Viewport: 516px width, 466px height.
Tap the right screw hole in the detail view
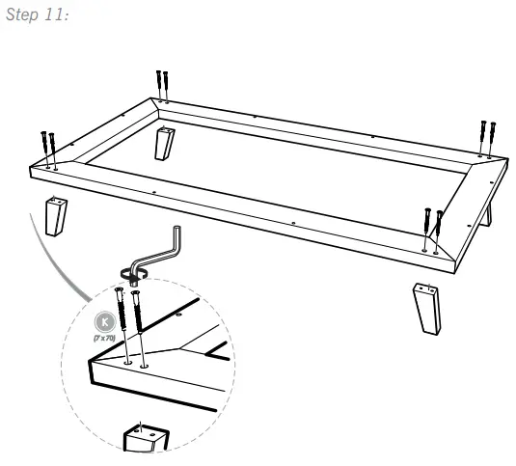click(x=145, y=367)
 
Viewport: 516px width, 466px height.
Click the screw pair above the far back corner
click(x=162, y=84)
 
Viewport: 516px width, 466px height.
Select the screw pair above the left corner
click(x=48, y=147)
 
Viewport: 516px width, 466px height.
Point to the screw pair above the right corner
click(x=487, y=136)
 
